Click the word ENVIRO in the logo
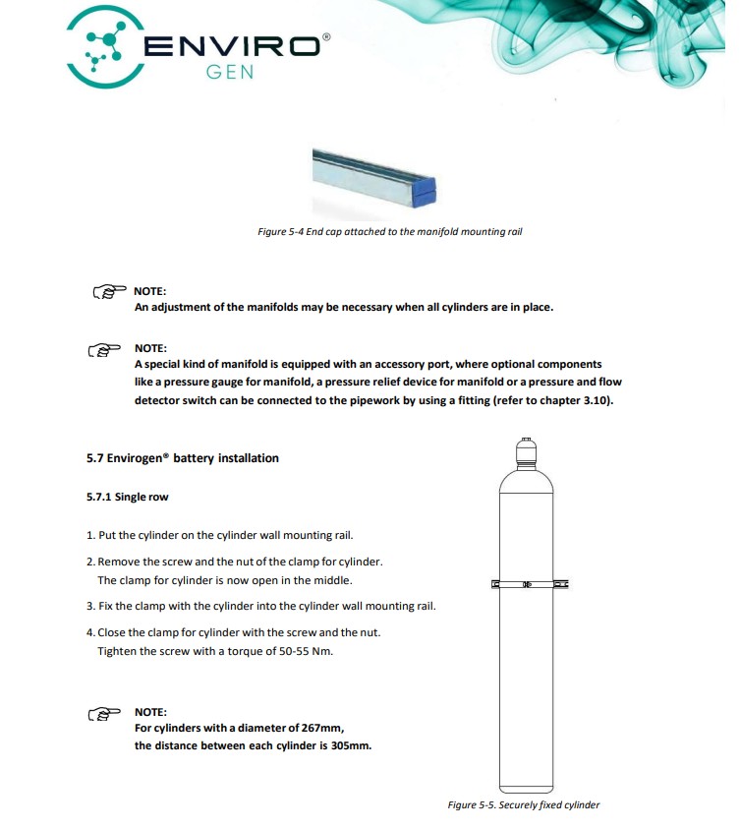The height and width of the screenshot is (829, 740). (234, 46)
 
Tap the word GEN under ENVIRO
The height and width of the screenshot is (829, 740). (230, 75)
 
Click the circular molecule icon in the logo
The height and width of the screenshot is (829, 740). (102, 47)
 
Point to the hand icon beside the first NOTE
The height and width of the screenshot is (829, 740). (109, 292)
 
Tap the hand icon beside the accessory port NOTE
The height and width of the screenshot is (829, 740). (103, 350)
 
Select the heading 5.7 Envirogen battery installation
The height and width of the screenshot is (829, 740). (183, 458)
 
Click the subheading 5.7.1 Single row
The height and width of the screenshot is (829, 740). (127, 497)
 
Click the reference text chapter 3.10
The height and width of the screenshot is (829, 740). (572, 401)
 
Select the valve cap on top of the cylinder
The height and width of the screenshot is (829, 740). (528, 449)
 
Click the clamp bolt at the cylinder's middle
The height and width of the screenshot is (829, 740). (528, 585)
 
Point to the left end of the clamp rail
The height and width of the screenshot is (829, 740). (495, 585)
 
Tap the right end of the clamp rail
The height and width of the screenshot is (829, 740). (563, 585)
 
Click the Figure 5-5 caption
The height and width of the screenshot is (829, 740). (523, 804)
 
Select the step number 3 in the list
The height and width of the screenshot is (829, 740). (89, 606)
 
